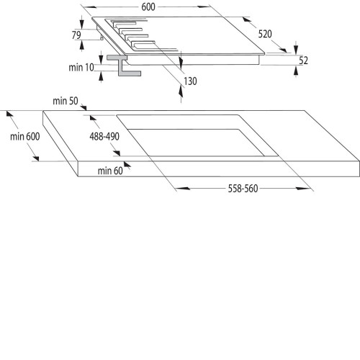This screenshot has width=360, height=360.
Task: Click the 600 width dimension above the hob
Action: [148, 7]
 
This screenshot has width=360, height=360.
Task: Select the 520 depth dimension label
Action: [265, 34]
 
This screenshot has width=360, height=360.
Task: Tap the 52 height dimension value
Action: [303, 60]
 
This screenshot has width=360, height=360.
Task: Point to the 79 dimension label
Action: [76, 35]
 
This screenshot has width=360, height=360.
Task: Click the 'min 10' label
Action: [81, 68]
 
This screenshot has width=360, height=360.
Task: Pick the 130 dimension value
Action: [190, 81]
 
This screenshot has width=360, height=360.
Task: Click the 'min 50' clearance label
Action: [66, 101]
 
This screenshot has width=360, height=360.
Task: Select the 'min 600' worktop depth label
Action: [25, 137]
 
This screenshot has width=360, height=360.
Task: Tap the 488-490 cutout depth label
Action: [104, 137]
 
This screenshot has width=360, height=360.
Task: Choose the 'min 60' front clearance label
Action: [110, 171]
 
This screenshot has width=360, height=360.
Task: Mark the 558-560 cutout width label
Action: [243, 189]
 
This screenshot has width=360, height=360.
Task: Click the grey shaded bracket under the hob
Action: [124, 66]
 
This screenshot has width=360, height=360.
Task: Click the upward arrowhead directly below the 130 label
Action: [181, 91]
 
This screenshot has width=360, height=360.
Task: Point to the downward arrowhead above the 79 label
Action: [82, 23]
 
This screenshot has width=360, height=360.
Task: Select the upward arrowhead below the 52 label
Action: [296, 71]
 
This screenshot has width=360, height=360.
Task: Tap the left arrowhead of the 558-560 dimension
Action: [183, 189]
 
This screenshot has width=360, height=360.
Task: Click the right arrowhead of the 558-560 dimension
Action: [303, 189]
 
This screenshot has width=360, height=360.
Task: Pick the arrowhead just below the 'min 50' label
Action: [84, 107]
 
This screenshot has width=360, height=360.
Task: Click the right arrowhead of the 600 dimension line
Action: [204, 7]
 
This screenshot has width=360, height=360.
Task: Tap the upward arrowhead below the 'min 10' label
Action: [101, 76]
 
